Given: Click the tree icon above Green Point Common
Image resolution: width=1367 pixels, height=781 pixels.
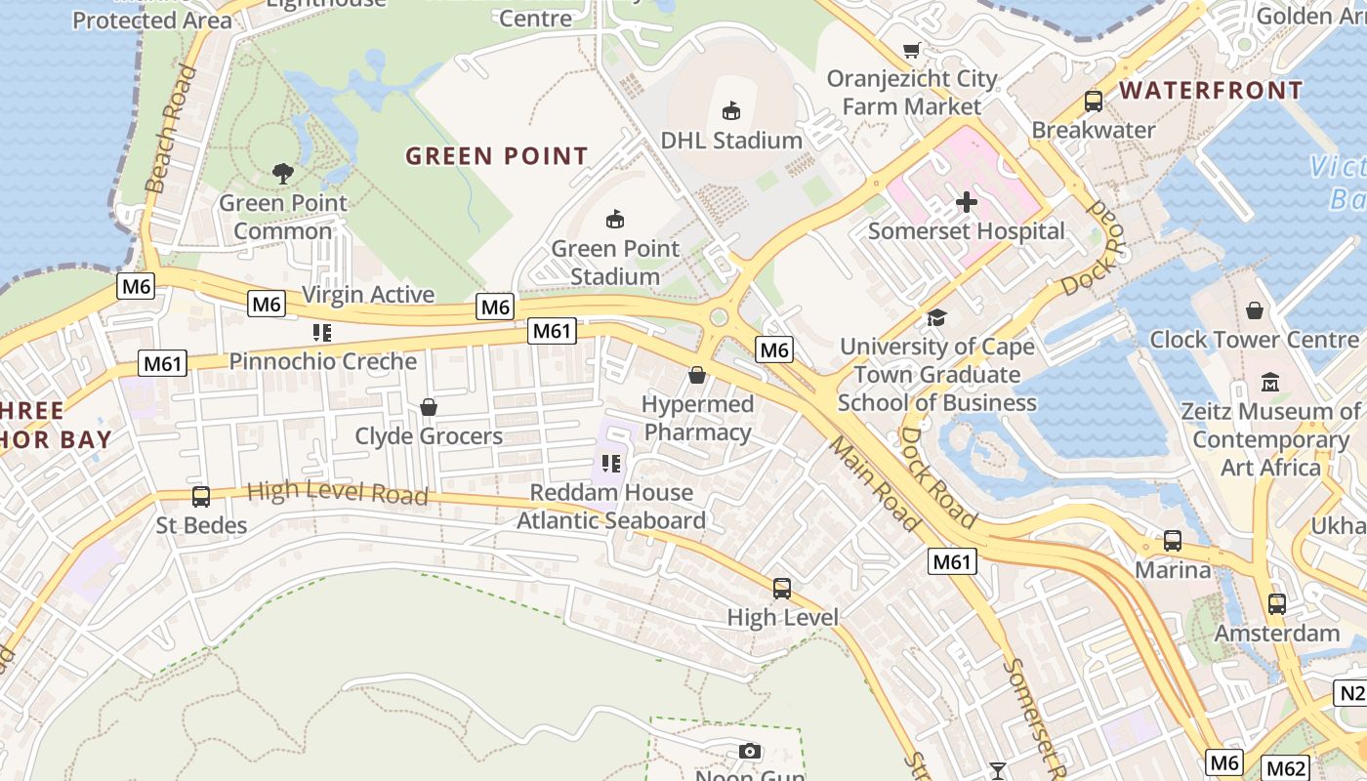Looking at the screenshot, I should pos(283,174).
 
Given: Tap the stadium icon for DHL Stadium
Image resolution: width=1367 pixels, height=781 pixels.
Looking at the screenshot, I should pos(730,110).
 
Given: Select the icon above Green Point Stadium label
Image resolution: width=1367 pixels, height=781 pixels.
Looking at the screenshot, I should pos(615,219).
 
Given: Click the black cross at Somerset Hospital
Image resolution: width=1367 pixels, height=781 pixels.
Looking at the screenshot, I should pos(967,202).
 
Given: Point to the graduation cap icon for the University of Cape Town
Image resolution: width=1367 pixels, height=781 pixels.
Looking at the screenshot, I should pos(936,317).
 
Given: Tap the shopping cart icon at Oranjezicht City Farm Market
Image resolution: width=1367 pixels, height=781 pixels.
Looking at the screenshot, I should pos(912,50).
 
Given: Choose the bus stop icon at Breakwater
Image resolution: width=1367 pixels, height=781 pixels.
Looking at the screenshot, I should pos(1094,101).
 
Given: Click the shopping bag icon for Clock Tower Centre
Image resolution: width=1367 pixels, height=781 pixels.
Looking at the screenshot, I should pos(1255,310).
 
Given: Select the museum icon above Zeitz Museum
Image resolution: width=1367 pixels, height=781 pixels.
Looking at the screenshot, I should pos(1270,382).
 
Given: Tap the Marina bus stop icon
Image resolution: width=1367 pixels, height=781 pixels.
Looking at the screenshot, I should pos(1173,540).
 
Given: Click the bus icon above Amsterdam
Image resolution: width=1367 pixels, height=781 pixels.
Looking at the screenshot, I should pos(1276,603).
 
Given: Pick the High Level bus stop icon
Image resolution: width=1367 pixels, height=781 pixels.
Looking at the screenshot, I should pos(782,588).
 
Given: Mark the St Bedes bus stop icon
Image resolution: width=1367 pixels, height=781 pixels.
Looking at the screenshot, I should pos(201,496).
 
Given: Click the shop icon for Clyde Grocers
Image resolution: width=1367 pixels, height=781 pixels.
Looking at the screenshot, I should pos(428,406).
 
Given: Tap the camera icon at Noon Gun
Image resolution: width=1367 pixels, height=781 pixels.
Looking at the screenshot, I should pos(750,751).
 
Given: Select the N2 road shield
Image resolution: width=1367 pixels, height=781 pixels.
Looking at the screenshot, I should pos(1351,694).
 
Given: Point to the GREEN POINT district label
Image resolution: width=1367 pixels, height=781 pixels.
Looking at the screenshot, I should pos(497,156).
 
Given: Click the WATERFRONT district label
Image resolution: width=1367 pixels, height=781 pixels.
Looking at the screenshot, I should pos(1211,91).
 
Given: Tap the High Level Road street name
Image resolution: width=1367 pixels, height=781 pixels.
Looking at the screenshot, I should pos(338,493).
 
